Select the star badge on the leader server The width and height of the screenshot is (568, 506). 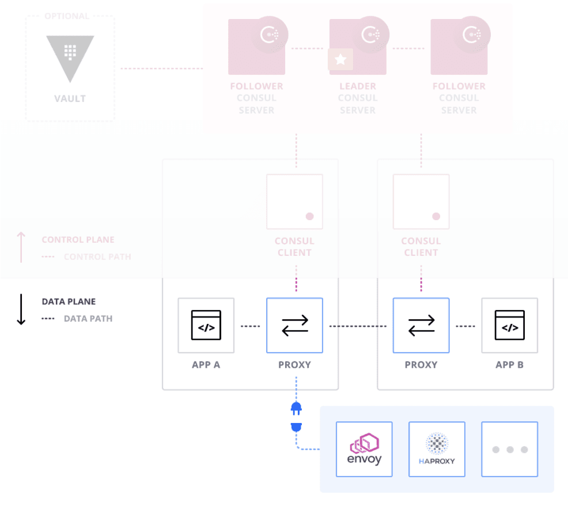(x=340, y=59)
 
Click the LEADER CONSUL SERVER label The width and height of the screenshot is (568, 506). (x=358, y=98)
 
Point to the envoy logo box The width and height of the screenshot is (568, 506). (x=364, y=449)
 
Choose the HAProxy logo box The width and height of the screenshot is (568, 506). (x=437, y=449)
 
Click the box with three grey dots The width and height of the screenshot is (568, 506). (x=510, y=449)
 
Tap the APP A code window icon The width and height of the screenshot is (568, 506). (x=206, y=325)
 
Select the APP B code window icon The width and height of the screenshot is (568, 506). (x=509, y=325)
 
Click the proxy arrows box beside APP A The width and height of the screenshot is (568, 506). (x=294, y=325)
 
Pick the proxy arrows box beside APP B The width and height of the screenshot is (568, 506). (x=421, y=325)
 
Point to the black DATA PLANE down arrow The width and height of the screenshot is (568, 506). (x=21, y=309)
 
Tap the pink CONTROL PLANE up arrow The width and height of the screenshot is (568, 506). (x=21, y=247)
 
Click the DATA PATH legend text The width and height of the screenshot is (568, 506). (x=88, y=318)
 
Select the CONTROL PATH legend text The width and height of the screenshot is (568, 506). (x=97, y=256)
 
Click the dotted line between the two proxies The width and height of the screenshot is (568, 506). (x=358, y=326)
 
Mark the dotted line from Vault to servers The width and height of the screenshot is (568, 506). (x=161, y=69)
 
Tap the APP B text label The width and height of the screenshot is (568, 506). (x=509, y=365)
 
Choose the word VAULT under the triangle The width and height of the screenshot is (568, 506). (x=70, y=99)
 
